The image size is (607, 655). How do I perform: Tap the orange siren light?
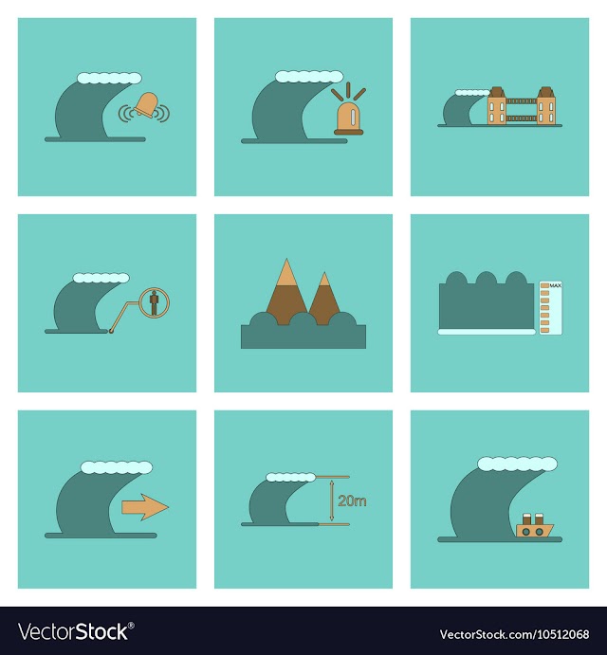coord(349,118)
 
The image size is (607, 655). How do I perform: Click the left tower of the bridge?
coord(497,105)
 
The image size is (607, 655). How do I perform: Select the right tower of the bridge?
coord(546,105)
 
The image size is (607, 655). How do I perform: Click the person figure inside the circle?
coord(155,303)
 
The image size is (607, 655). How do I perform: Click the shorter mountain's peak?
coord(324,280)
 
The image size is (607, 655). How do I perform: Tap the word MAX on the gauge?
coord(555,285)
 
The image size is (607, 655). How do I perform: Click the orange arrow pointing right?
coord(145,507)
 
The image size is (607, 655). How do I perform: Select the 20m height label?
coord(352,500)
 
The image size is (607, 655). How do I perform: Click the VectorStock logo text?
coord(76,631)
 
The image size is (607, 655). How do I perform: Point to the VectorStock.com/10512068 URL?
coord(514,634)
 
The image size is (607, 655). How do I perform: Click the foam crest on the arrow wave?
coord(117,467)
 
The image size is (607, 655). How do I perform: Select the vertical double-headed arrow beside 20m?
coord(332,500)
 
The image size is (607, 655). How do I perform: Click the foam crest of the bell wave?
coord(109,78)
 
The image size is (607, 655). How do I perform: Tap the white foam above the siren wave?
coord(309,77)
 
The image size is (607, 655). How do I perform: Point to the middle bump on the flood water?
coord(487,279)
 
